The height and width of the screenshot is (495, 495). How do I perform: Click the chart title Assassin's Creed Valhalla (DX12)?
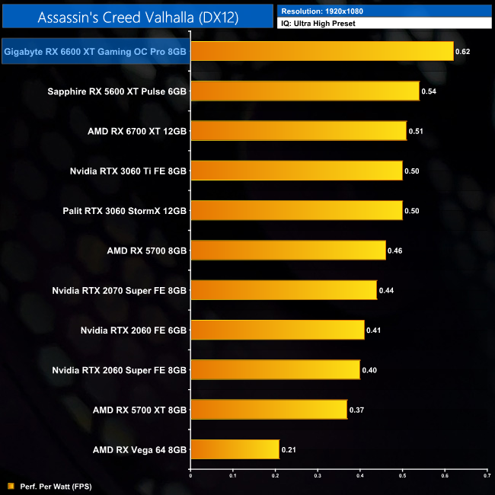[137, 17]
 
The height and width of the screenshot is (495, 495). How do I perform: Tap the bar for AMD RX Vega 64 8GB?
[235, 449]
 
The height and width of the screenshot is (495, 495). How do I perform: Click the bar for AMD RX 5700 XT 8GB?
[268, 410]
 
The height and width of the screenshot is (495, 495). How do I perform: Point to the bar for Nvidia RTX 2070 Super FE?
[283, 290]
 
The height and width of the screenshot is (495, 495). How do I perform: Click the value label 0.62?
[462, 52]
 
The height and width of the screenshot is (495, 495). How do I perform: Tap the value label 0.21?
[289, 450]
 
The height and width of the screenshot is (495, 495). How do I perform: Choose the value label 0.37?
[356, 410]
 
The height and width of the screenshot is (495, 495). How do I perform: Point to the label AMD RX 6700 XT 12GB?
[137, 131]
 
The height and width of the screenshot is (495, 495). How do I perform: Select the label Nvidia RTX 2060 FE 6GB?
[133, 330]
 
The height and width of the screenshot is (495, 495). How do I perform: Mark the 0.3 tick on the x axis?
[318, 474]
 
